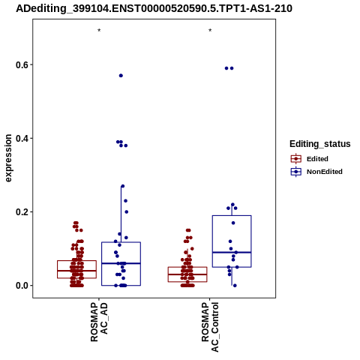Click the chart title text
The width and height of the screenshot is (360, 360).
[154, 8]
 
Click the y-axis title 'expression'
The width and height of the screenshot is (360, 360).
[8, 158]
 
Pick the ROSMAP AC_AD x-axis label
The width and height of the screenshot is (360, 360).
[99, 322]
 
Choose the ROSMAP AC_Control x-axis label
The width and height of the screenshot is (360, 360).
[210, 327]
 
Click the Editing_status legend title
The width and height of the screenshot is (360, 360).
[320, 144]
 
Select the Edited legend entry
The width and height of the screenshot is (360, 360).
[310, 159]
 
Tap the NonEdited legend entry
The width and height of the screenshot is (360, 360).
[316, 172]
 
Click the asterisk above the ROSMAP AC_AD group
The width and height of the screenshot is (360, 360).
[99, 31]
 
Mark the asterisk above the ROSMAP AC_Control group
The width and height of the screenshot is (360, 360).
[210, 31]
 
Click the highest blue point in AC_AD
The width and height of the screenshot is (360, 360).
[121, 76]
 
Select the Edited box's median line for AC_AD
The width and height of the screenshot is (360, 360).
[76, 271]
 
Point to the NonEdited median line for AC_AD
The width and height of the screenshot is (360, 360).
[121, 263]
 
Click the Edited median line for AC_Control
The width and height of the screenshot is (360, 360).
[187, 274]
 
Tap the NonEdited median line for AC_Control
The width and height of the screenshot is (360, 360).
[232, 252]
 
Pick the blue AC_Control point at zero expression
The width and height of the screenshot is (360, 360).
[235, 286]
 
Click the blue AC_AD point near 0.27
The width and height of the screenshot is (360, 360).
[123, 186]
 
